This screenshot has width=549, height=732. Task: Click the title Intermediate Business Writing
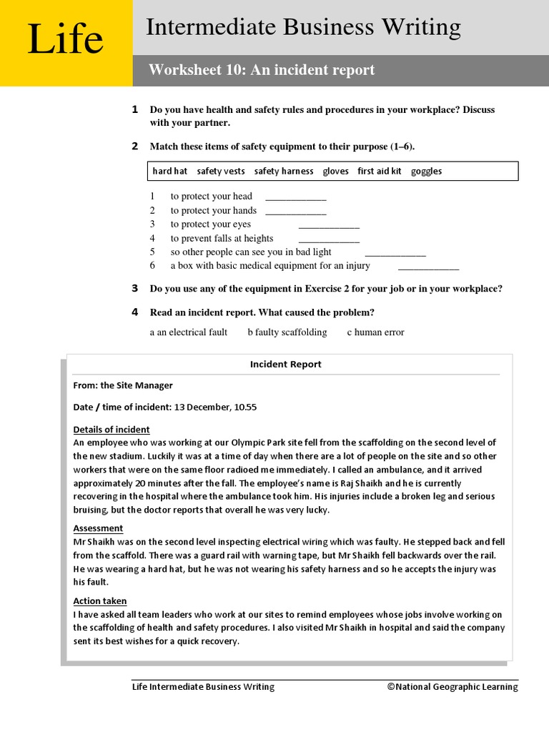tap(303, 27)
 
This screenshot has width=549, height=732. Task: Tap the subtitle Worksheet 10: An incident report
tap(262, 70)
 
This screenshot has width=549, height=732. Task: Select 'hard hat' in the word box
tap(170, 172)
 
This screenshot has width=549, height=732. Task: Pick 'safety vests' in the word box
tap(221, 172)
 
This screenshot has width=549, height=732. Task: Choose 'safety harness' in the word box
tap(284, 172)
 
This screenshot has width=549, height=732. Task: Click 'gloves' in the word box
tap(335, 172)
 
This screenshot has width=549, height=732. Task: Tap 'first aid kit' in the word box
tap(380, 172)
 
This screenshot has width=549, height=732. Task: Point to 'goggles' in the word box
tap(426, 172)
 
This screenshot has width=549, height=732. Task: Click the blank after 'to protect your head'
tap(295, 197)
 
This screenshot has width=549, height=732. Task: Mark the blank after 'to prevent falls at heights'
tap(329, 239)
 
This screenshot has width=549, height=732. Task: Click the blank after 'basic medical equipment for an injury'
tap(428, 267)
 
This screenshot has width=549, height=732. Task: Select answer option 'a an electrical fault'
tap(189, 332)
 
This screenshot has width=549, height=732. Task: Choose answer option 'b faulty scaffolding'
tap(287, 332)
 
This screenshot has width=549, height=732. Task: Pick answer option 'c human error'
tap(375, 332)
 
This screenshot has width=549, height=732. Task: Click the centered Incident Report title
tap(285, 365)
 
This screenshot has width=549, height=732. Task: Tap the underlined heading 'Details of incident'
tap(112, 430)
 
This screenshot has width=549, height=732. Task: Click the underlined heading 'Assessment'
tap(98, 528)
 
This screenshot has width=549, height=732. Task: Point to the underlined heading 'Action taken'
tap(100, 601)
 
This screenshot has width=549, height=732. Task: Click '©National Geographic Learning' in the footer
tap(452, 687)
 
